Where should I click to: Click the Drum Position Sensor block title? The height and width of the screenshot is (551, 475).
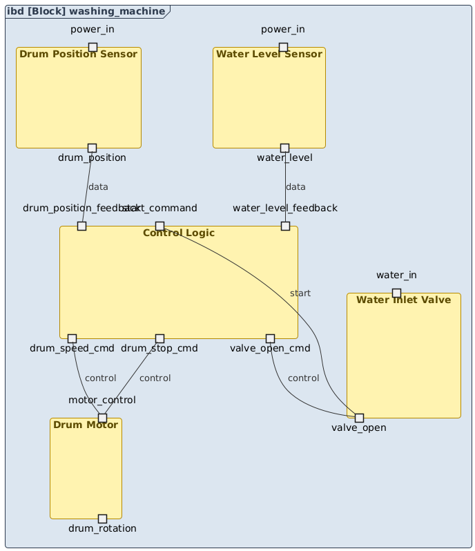coord(78,54)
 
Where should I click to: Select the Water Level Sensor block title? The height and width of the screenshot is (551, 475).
coord(269,54)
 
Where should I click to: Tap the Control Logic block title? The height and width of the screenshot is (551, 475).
coord(178,233)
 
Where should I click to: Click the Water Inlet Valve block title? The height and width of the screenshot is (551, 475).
coord(404,300)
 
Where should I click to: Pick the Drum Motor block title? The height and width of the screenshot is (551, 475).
coord(86,424)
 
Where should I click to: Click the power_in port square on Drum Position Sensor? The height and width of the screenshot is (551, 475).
coord(93,47)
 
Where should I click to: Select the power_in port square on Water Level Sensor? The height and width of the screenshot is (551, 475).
coord(283,47)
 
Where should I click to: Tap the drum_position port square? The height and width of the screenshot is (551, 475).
coord(92,148)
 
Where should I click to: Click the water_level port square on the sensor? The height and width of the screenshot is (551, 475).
coord(284,148)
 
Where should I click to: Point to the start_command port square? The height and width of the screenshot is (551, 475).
coord(159,226)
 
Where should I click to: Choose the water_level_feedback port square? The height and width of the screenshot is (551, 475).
coord(285,226)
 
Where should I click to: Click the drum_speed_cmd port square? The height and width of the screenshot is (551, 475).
coord(72,338)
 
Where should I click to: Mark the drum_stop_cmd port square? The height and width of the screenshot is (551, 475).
coord(159,338)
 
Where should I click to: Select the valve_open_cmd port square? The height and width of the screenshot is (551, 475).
coord(271,338)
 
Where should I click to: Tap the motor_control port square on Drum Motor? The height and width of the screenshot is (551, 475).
coord(102,418)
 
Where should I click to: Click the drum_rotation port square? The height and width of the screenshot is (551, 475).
coord(102,519)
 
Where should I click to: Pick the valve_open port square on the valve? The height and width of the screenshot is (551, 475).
coord(359,418)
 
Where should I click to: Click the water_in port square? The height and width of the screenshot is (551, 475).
coord(396,293)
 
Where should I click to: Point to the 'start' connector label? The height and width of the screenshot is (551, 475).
coord(300,293)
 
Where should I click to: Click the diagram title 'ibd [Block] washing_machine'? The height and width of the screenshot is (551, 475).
coord(87,11)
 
